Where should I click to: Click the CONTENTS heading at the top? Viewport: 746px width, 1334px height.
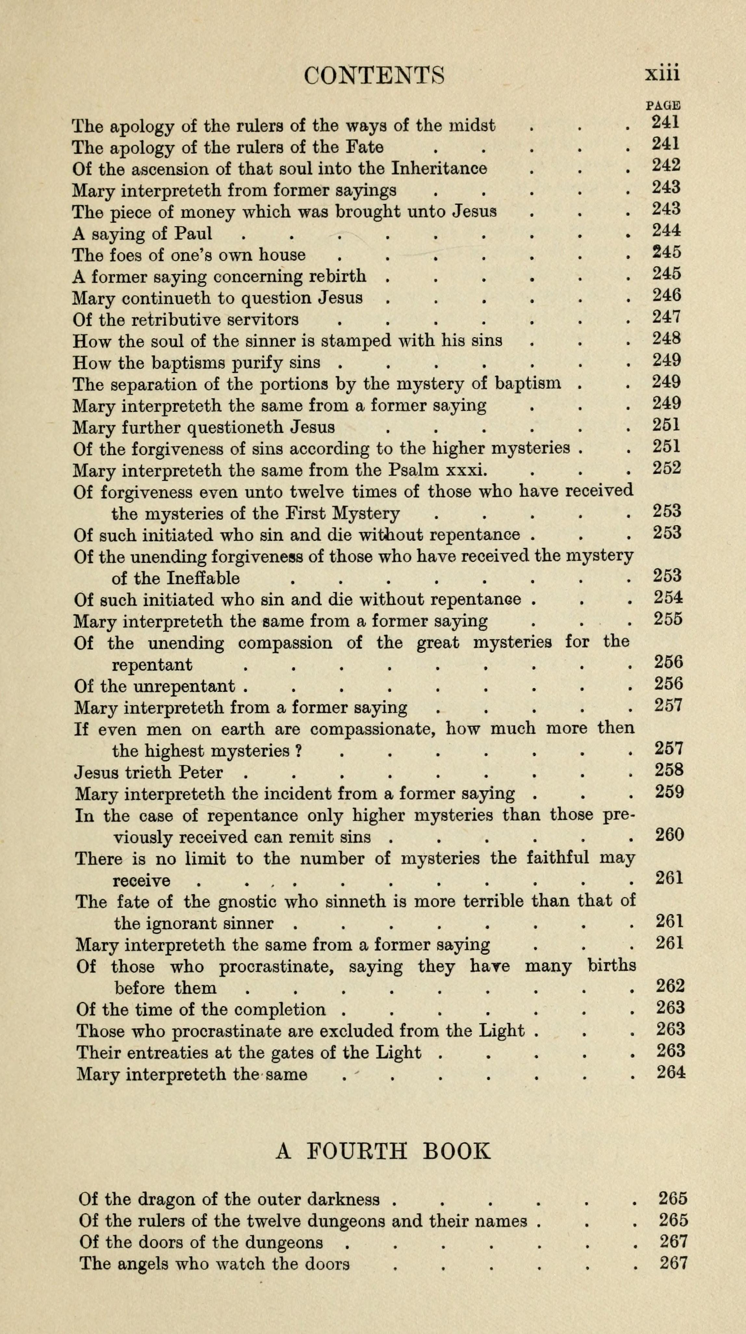point(374,76)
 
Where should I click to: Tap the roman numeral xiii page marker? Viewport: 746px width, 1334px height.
point(662,73)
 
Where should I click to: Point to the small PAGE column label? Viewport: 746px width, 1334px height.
point(663,105)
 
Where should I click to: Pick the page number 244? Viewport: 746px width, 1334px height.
point(666,230)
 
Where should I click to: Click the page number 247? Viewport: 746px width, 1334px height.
point(666,316)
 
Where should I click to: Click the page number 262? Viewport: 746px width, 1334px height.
point(670,986)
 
